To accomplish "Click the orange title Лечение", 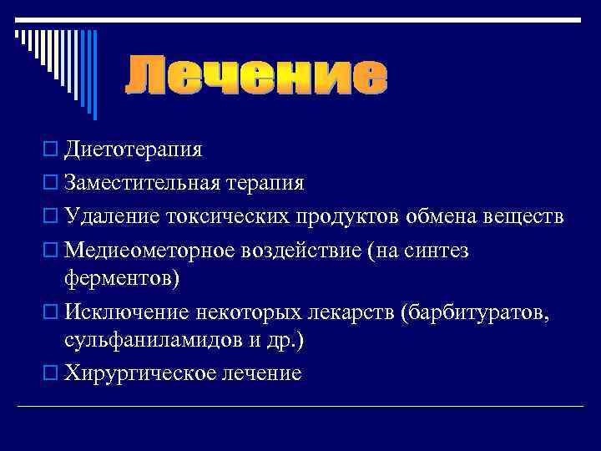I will (256, 77).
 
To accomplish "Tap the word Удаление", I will (112, 217).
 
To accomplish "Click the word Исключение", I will (126, 312).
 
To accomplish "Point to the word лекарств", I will (351, 312).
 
